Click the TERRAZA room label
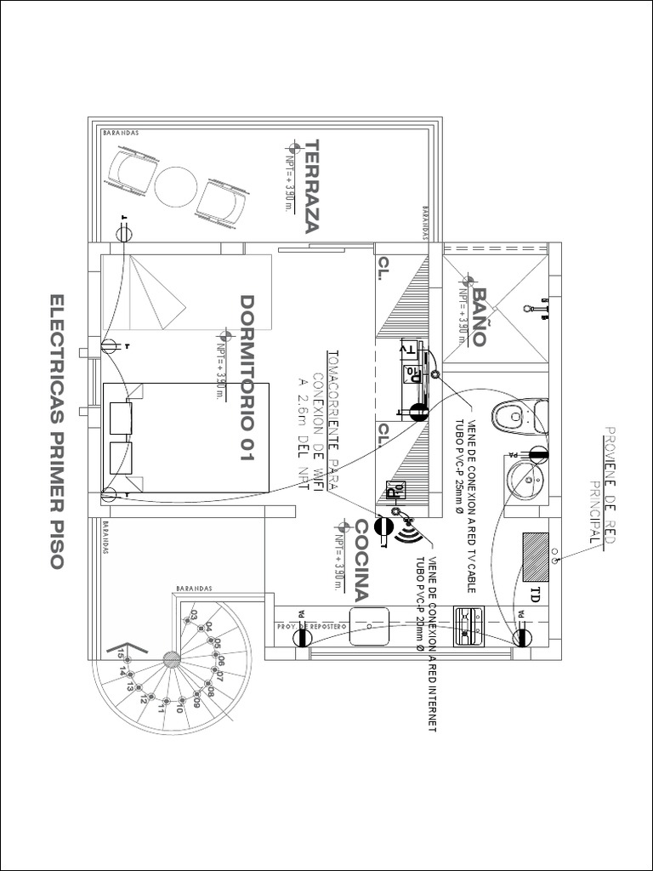click(x=312, y=185)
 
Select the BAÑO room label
click(x=479, y=316)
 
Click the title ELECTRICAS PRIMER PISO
click(x=58, y=432)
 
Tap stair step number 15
click(x=122, y=653)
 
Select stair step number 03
click(x=194, y=614)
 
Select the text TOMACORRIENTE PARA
click(x=333, y=411)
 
